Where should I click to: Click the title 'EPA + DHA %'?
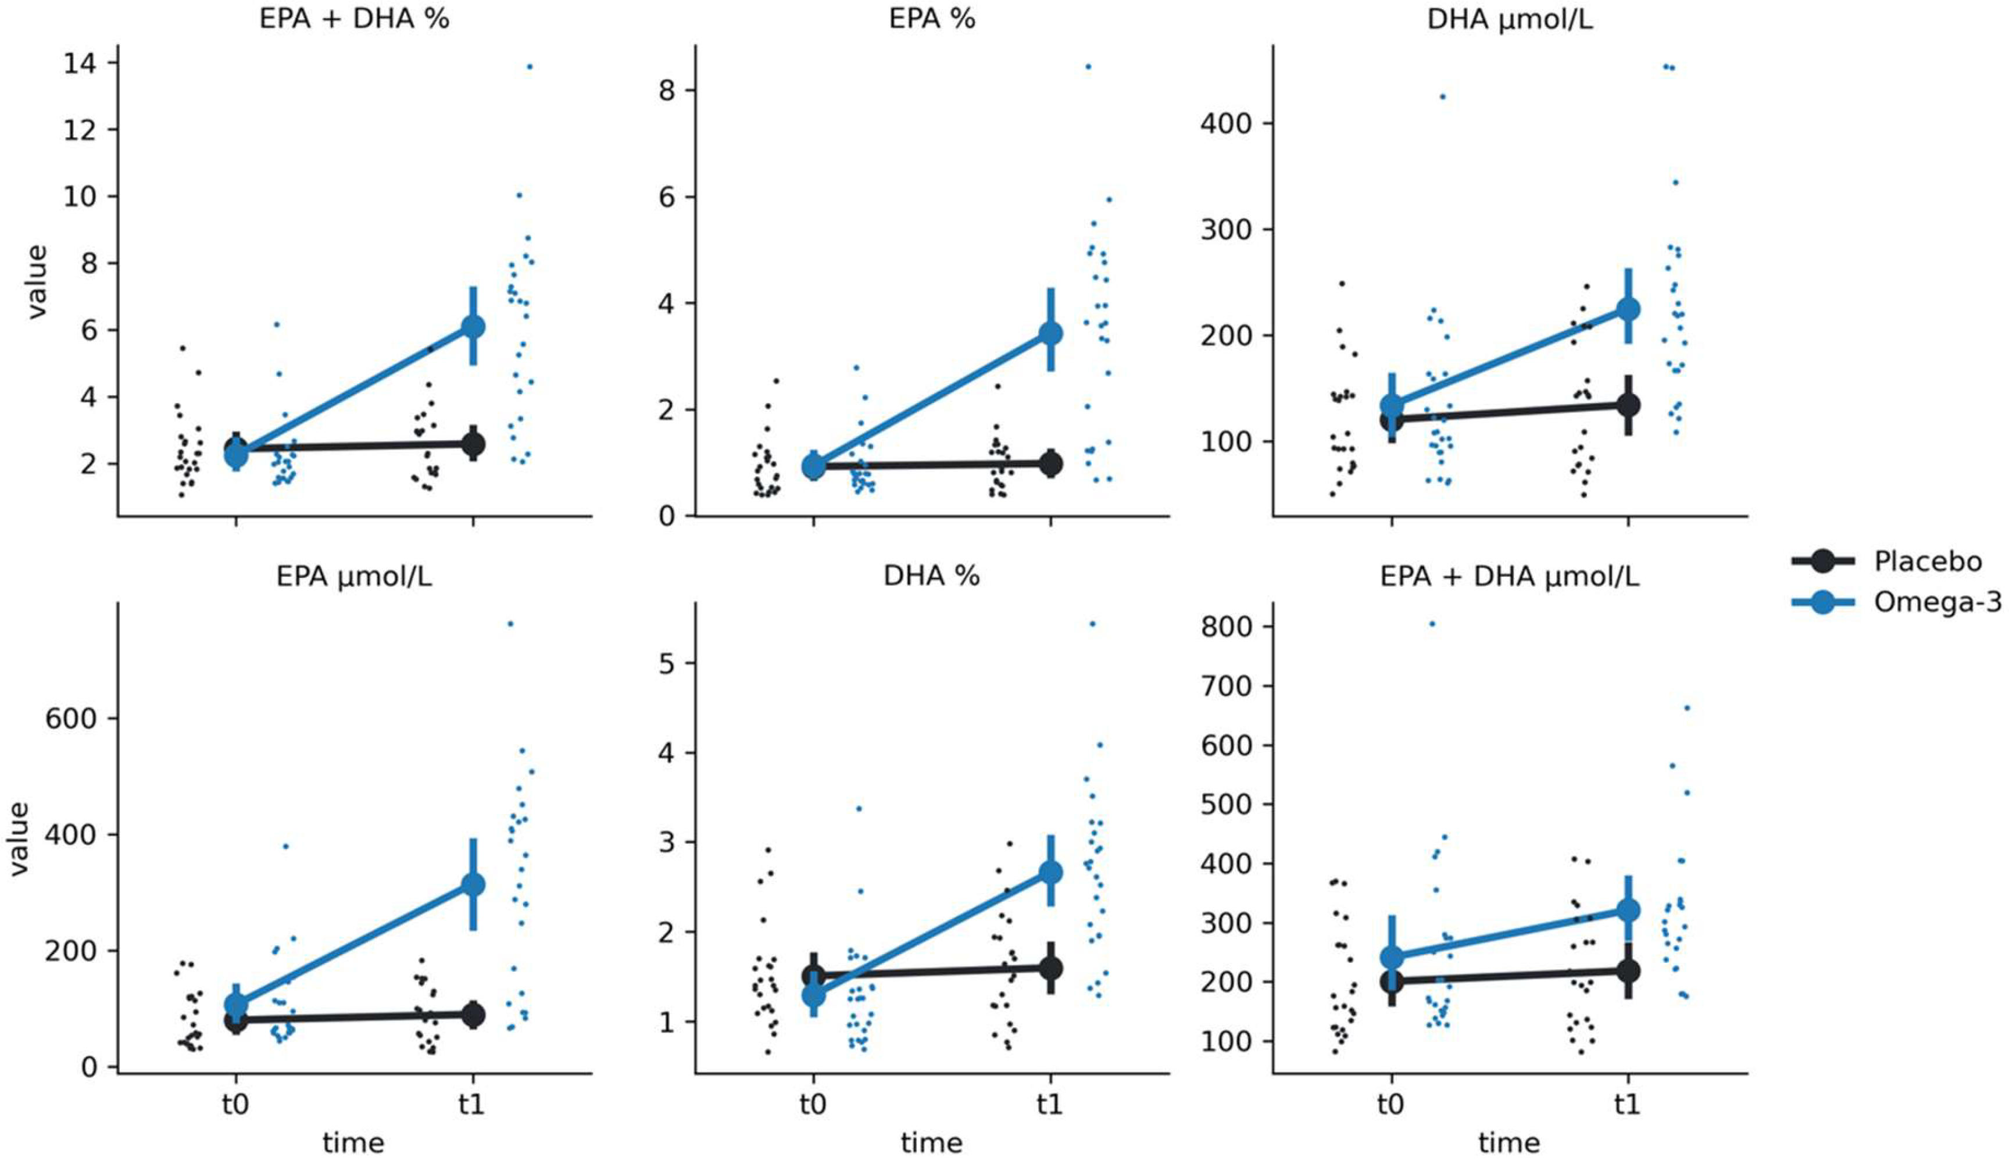pos(354,19)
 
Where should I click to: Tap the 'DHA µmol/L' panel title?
pos(1510,19)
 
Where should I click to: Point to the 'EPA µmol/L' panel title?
pos(354,576)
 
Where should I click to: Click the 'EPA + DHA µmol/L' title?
pos(1510,576)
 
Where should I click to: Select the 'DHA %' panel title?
pos(931,576)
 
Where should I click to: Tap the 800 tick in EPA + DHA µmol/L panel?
pos(1226,627)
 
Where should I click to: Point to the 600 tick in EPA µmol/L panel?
pos(71,718)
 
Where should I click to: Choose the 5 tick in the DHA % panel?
pos(667,663)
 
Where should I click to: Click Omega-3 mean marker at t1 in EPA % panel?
pos(1050,333)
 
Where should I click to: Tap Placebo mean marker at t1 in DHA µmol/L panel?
pos(1628,405)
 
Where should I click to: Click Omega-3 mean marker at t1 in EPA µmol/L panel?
pos(473,884)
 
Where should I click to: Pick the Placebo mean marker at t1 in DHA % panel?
pos(1050,969)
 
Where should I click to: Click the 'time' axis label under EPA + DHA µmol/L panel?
pos(1509,1143)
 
